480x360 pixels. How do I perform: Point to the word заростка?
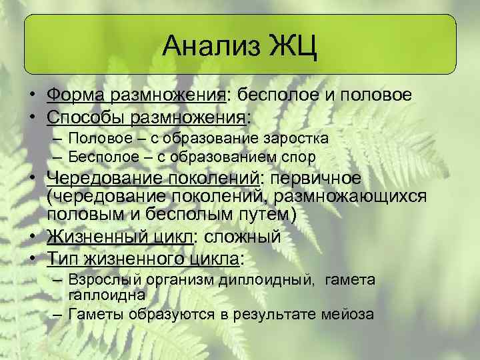(x=295, y=139)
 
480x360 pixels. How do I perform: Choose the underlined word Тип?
(x=62, y=258)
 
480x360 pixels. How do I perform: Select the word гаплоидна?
(x=107, y=294)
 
